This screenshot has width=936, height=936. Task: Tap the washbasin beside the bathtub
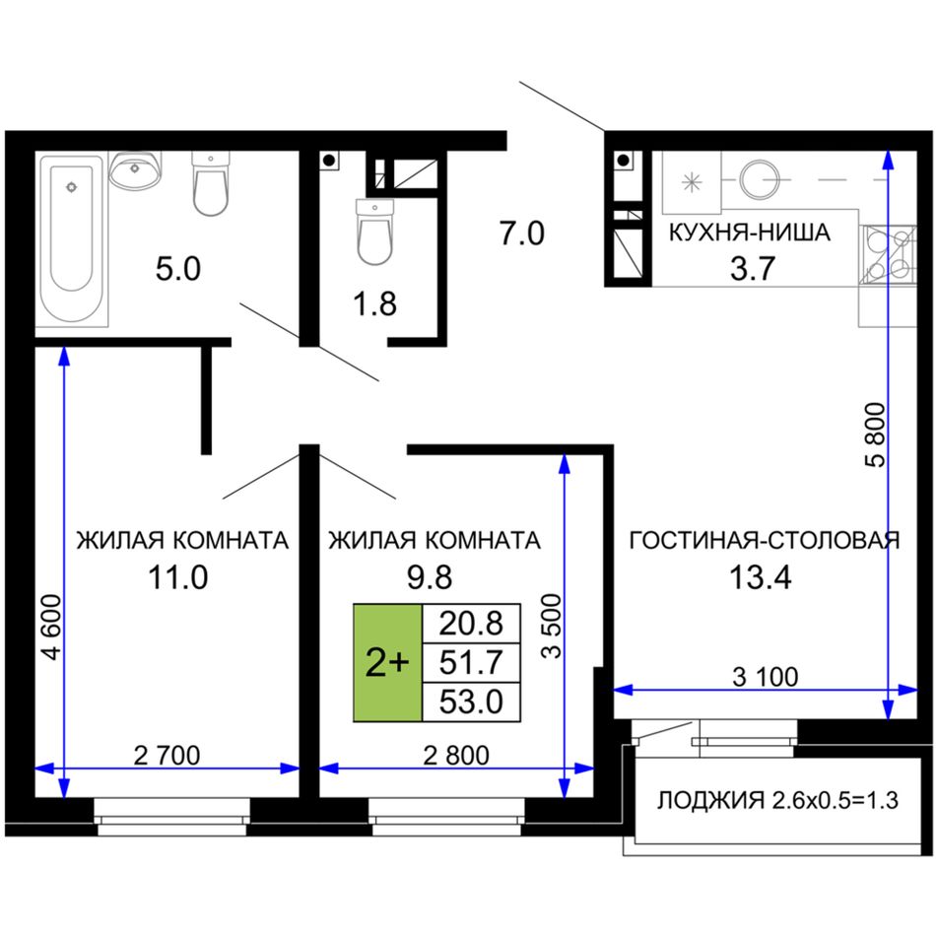[x=136, y=168]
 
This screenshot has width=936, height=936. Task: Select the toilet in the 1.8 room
[x=374, y=232]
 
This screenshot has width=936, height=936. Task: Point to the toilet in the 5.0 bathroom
[x=211, y=183]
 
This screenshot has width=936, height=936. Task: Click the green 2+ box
[x=387, y=663]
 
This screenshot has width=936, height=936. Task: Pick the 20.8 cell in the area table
[x=471, y=624]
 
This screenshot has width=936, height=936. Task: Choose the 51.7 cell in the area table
[x=471, y=663]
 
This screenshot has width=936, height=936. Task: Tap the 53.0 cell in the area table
[x=471, y=702]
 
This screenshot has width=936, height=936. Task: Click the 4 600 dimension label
[x=53, y=627]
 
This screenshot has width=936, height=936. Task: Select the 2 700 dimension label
[x=167, y=755]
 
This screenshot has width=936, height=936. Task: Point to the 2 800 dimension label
[x=456, y=755]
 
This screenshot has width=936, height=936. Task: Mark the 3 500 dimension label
[x=552, y=627]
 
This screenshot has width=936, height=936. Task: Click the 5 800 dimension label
[x=875, y=435]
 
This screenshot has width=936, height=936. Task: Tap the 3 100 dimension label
[x=765, y=677]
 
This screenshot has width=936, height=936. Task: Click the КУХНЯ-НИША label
[x=749, y=233]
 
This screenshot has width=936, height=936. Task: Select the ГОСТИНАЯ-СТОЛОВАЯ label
[x=765, y=540]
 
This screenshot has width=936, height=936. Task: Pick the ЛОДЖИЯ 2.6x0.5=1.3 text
[x=777, y=800]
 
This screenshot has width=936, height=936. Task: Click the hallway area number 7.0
[x=522, y=233]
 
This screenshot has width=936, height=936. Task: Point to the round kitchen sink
[x=760, y=179]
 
